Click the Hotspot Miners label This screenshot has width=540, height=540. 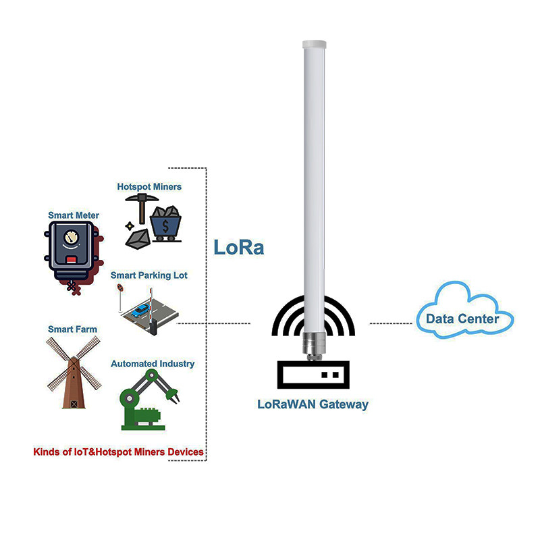[149, 186]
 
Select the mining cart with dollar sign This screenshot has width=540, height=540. [166, 223]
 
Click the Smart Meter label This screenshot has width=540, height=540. [74, 215]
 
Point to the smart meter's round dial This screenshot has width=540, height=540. [70, 238]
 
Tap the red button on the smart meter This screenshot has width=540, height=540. [70, 259]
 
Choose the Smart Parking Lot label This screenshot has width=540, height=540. [149, 275]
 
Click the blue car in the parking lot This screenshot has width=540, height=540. [141, 311]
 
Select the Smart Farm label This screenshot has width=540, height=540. [72, 329]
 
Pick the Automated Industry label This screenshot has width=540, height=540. [153, 364]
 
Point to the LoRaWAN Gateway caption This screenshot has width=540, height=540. [313, 405]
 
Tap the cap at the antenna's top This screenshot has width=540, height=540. [314, 44]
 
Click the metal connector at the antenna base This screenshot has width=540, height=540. [313, 344]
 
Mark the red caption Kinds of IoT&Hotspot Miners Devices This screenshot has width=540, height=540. [118, 451]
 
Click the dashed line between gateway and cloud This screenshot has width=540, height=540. [391, 323]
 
